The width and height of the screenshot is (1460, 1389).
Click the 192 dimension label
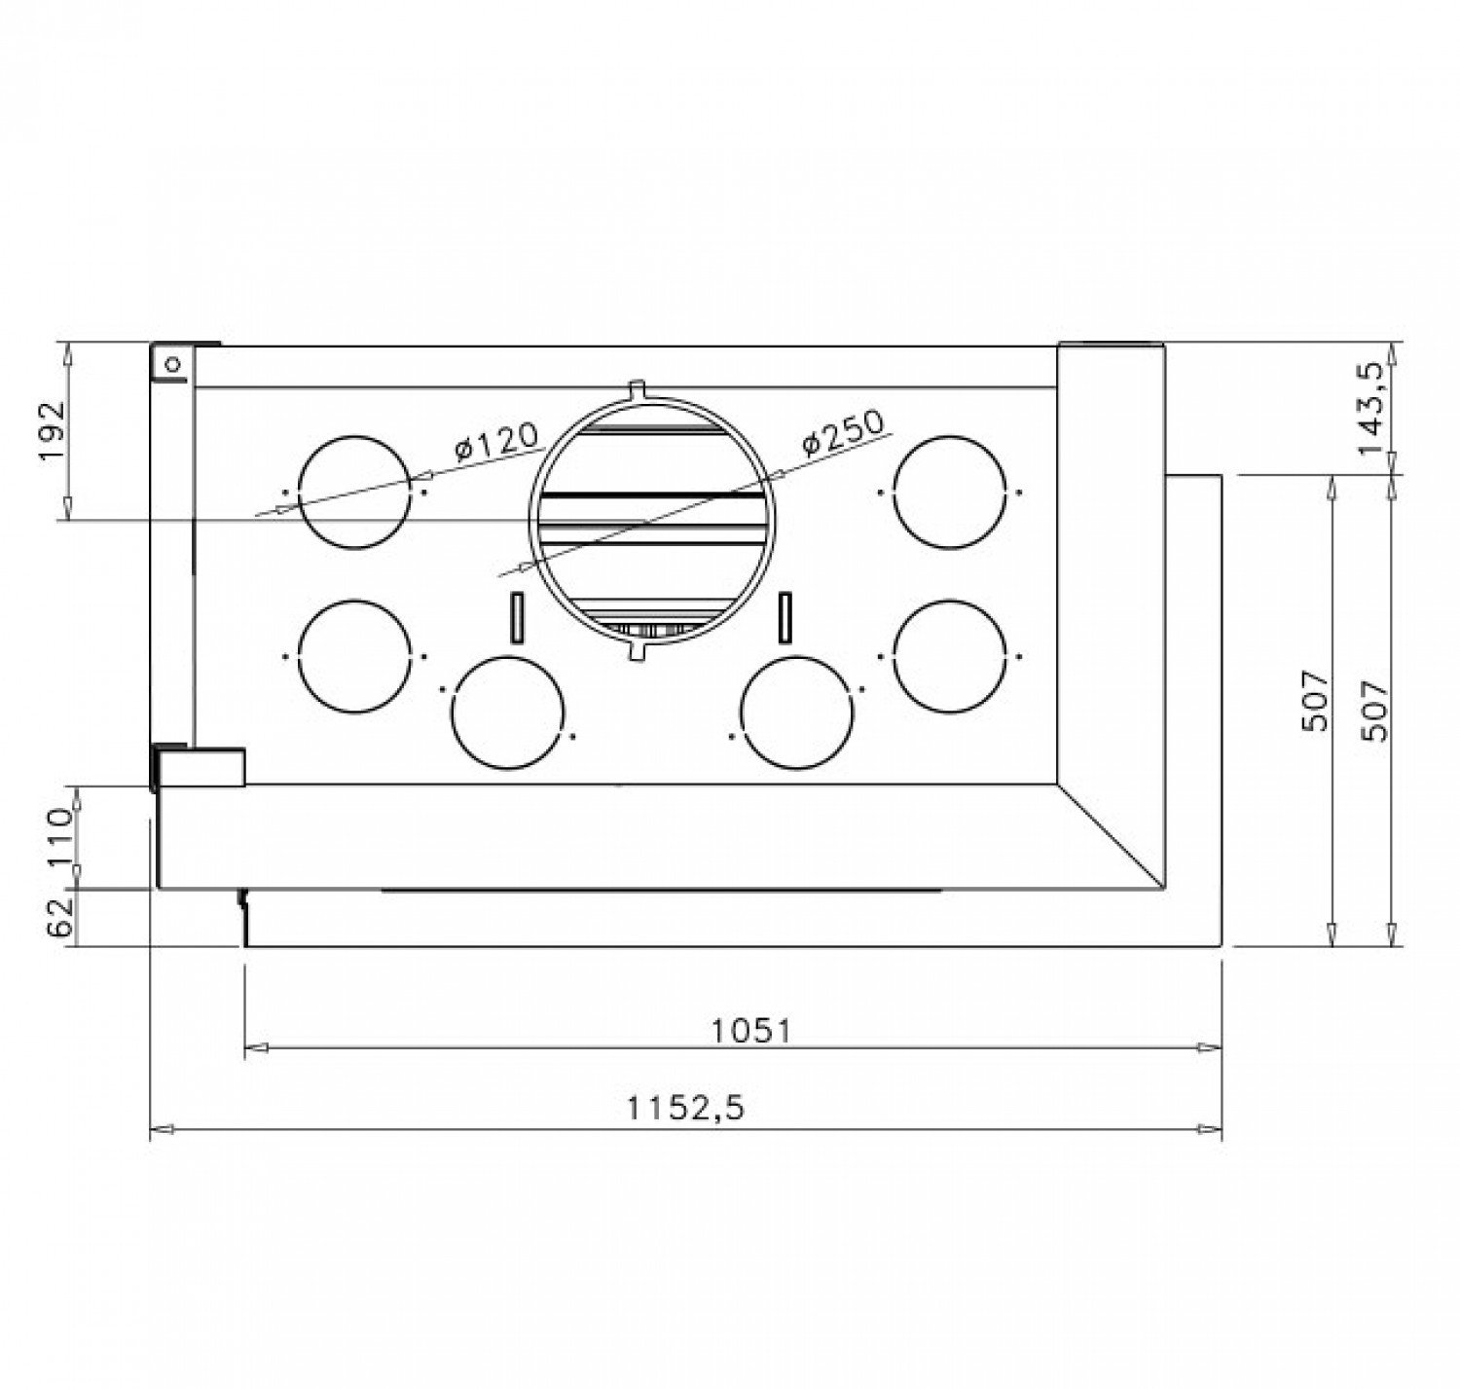(x=53, y=431)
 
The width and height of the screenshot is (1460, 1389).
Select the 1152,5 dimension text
(x=684, y=1109)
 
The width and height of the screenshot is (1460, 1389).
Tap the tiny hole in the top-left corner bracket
(x=173, y=364)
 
